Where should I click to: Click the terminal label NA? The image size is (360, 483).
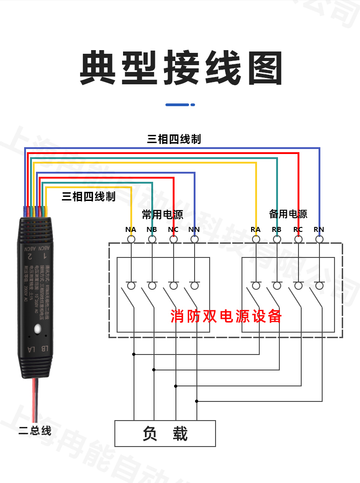pyautogui.click(x=131, y=230)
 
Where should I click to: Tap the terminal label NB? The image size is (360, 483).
pyautogui.click(x=152, y=230)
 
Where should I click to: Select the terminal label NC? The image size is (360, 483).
pyautogui.click(x=173, y=230)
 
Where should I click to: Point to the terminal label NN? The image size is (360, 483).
pyautogui.click(x=194, y=230)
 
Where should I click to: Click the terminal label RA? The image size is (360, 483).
pyautogui.click(x=256, y=230)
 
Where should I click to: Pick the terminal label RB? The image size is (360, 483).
pyautogui.click(x=277, y=230)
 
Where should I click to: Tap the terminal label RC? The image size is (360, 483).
pyautogui.click(x=298, y=230)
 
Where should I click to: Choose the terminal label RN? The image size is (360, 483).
pyautogui.click(x=319, y=230)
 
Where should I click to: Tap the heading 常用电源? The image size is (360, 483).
pyautogui.click(x=162, y=214)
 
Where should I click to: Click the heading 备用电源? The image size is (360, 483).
pyautogui.click(x=288, y=214)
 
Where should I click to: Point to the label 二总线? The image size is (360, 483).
pyautogui.click(x=35, y=431)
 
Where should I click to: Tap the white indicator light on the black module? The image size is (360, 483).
pyautogui.click(x=37, y=328)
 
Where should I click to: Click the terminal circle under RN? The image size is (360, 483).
pyautogui.click(x=319, y=239)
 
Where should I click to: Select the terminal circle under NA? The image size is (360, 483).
pyautogui.click(x=131, y=239)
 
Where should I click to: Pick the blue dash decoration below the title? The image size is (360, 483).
pyautogui.click(x=180, y=105)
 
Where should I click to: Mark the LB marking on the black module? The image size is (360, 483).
pyautogui.click(x=44, y=349)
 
